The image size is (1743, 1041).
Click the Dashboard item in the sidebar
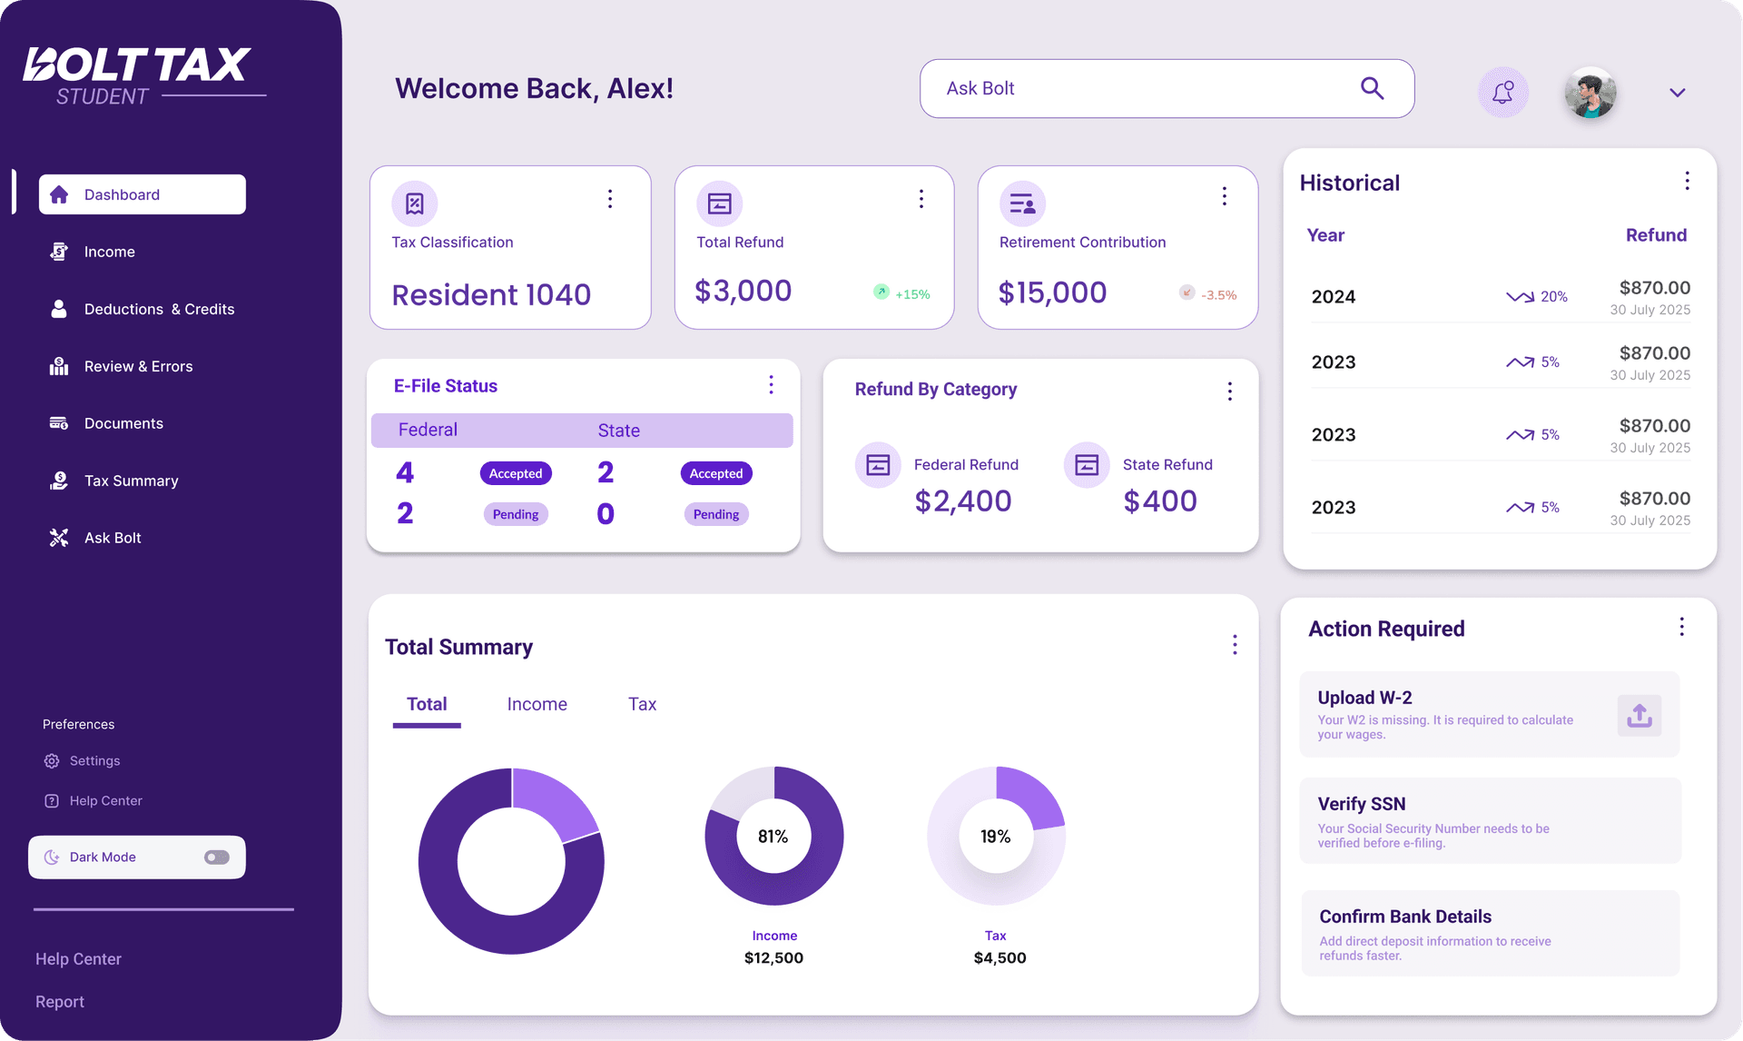(142, 194)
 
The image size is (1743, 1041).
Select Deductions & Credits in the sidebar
(159, 309)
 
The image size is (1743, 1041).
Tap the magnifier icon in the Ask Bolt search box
(1372, 88)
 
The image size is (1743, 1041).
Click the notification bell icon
(1503, 92)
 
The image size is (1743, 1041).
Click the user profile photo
(1590, 93)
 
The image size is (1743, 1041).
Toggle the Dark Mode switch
(217, 858)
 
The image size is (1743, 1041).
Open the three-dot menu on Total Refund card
(921, 198)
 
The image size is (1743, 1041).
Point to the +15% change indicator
(911, 294)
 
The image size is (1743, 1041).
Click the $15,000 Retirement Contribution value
(1052, 292)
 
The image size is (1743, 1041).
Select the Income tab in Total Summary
(537, 704)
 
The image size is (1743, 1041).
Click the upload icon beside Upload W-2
(1639, 716)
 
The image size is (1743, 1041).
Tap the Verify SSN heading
(1361, 804)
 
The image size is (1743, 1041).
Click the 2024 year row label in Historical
(1333, 297)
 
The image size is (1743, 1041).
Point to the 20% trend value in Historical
(1553, 297)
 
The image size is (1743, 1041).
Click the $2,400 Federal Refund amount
(962, 501)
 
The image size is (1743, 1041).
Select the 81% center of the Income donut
(773, 837)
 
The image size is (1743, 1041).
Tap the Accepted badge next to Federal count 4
(516, 473)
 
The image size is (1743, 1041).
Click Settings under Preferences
(94, 761)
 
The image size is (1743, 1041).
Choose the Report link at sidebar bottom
(60, 1002)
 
